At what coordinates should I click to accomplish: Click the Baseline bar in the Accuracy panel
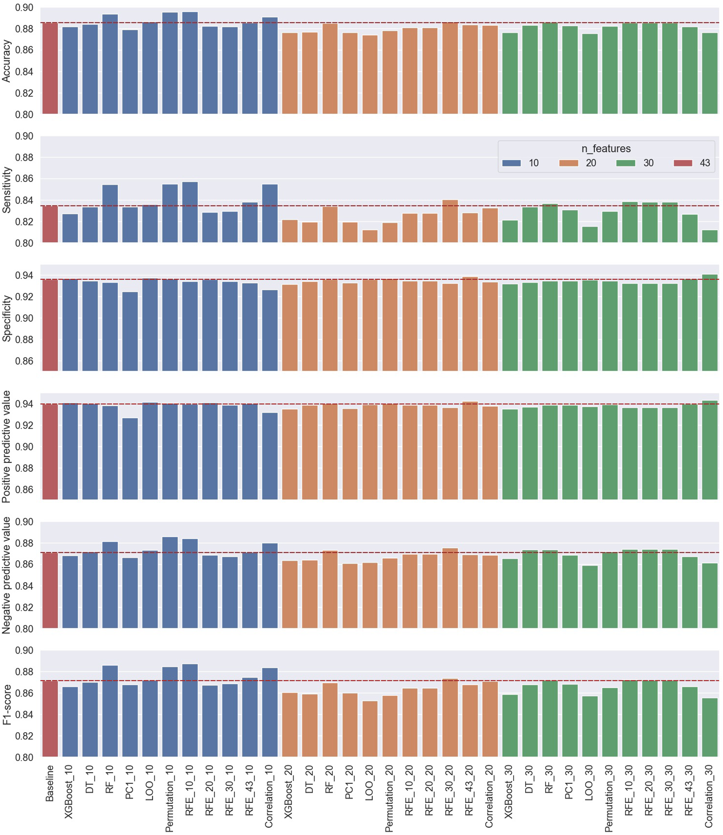[50, 68]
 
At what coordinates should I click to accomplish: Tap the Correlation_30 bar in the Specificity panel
[710, 323]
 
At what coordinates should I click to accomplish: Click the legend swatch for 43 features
[683, 163]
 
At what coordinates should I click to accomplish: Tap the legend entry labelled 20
[591, 163]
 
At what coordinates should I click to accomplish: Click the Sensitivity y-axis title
[6, 190]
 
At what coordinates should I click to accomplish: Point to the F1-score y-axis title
[6, 704]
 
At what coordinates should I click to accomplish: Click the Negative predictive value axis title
[6, 575]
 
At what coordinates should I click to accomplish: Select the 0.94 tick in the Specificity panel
[24, 275]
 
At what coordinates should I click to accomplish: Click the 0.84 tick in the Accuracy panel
[24, 72]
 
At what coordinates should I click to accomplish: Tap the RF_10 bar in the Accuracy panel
[110, 65]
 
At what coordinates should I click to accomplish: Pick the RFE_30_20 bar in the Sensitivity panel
[450, 222]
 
